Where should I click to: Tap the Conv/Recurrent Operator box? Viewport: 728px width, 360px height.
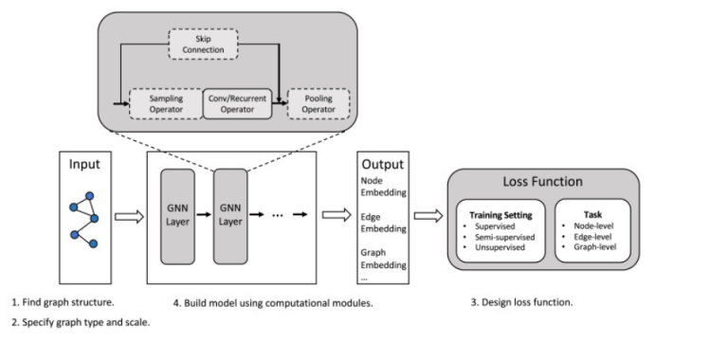pos(237,102)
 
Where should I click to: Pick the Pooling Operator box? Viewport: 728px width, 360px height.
pos(318,102)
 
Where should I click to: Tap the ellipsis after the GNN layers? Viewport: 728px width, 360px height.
pos(279,216)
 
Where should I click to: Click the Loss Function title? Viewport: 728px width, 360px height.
pos(541,182)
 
